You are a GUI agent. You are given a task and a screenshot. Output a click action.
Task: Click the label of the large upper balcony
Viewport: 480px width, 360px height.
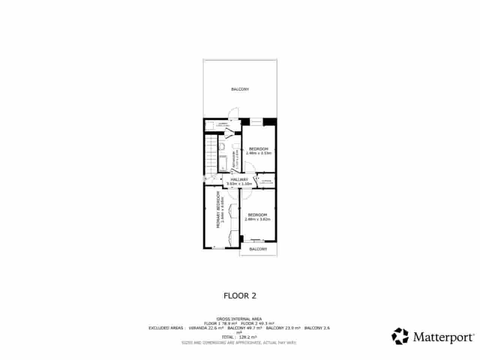[x=240, y=89]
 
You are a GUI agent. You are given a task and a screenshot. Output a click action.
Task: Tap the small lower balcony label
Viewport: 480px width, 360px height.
[x=258, y=249]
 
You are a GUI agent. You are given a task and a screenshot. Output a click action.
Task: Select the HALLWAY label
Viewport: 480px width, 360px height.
[x=240, y=180]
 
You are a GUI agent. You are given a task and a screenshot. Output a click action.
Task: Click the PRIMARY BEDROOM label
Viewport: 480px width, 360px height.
[x=217, y=210]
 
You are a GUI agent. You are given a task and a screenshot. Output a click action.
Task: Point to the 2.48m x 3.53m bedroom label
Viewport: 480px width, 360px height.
[x=258, y=149]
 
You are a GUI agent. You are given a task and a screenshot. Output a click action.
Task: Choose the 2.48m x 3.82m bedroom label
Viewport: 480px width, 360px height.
[x=258, y=215]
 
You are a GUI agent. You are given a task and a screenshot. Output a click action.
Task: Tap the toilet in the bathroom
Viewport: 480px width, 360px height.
[x=222, y=146]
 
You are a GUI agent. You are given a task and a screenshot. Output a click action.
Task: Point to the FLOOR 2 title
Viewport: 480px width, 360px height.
[x=240, y=295]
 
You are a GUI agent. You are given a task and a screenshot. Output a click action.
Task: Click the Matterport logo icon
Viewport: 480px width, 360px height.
[x=400, y=336]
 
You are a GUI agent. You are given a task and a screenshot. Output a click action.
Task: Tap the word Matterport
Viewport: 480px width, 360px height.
[x=444, y=336]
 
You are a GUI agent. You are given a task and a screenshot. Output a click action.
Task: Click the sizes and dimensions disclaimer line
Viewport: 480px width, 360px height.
[x=239, y=342]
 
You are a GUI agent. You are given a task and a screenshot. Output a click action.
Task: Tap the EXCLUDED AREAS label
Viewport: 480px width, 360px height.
[x=166, y=328]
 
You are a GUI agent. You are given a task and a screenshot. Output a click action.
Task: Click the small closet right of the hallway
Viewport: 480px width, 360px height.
[x=266, y=181]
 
